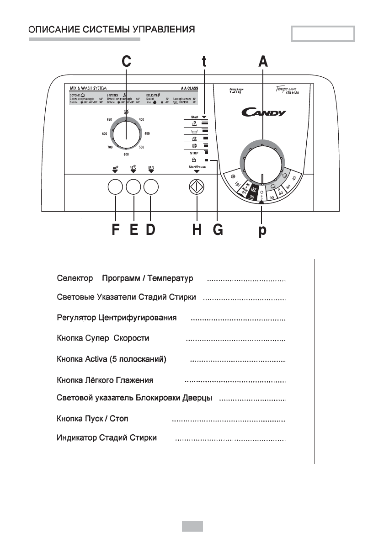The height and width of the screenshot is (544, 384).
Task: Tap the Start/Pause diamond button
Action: pyautogui.click(x=197, y=188)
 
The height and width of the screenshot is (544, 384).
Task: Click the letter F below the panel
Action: pyautogui.click(x=116, y=230)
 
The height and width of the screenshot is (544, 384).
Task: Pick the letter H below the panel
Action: pyautogui.click(x=197, y=230)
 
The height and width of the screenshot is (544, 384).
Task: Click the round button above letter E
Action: pyautogui.click(x=133, y=187)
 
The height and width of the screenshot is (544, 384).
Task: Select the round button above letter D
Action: pyautogui.click(x=151, y=187)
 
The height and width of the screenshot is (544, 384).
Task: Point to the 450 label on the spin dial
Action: pyautogui.click(x=147, y=133)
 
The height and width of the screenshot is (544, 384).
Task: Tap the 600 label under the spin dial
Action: pyautogui.click(x=126, y=155)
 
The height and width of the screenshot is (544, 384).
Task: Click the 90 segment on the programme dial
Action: pyautogui.click(x=272, y=197)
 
